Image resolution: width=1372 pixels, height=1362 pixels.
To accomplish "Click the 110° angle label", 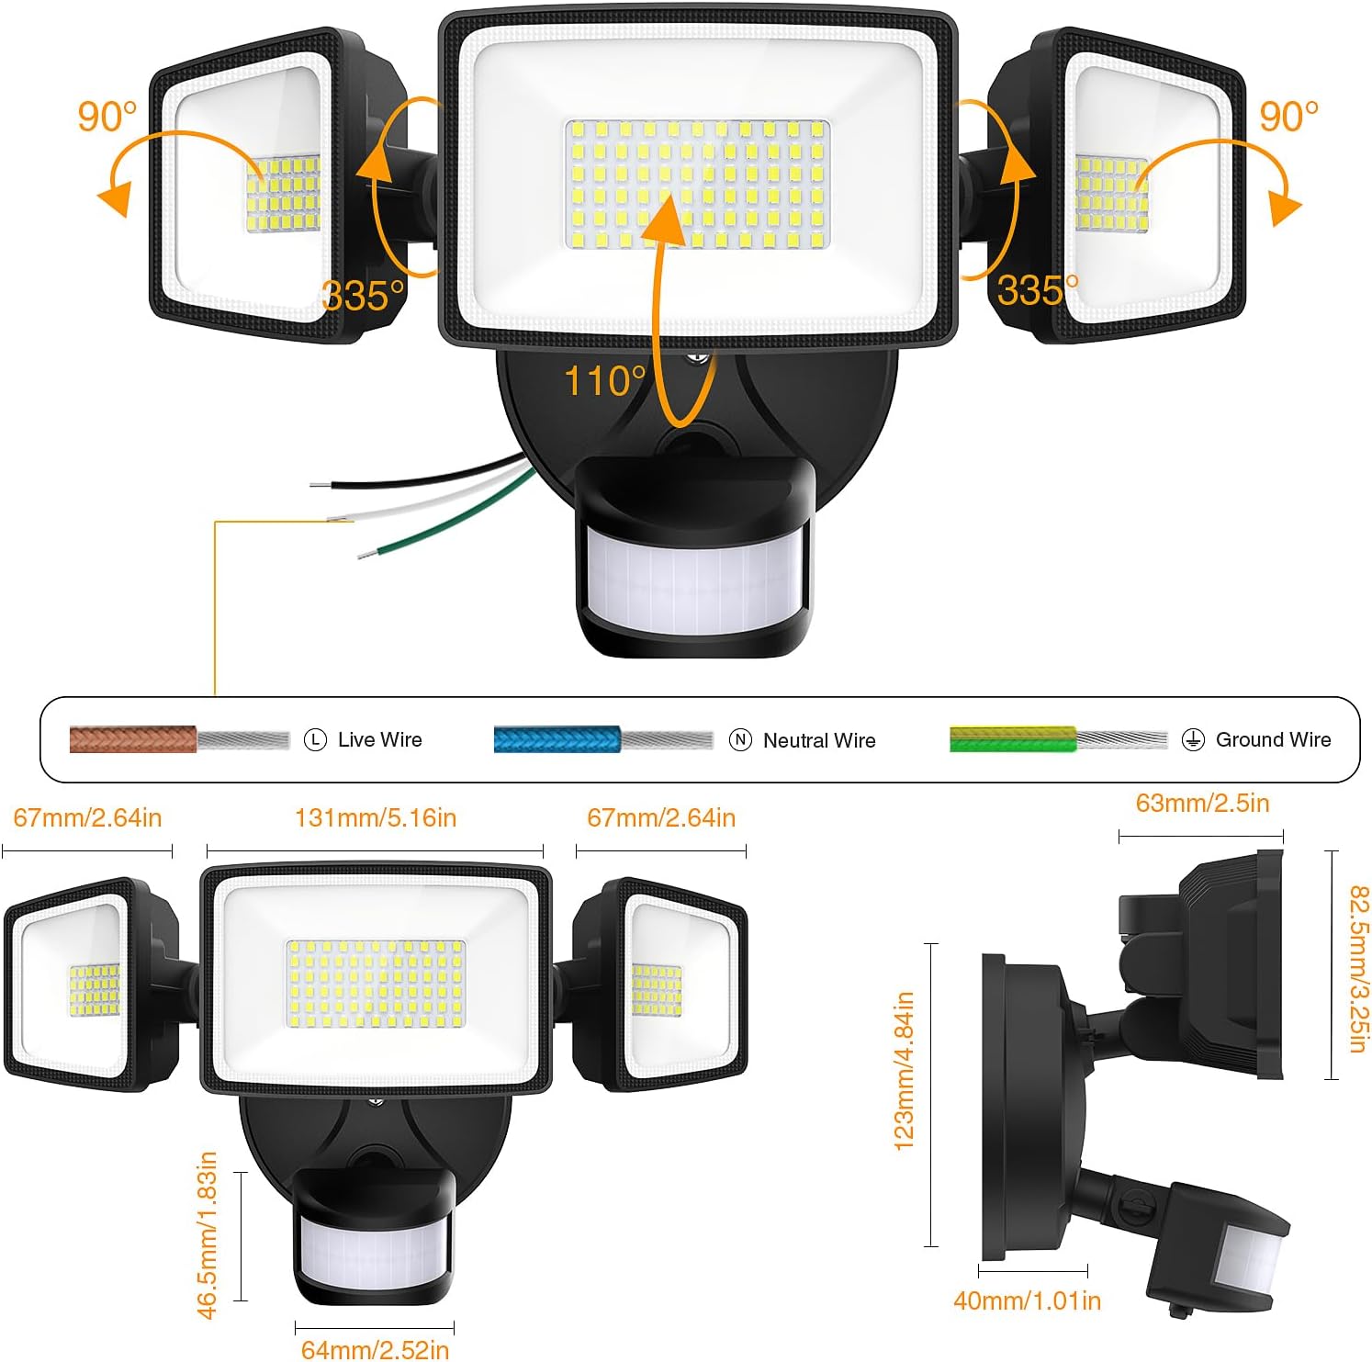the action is click(x=605, y=381).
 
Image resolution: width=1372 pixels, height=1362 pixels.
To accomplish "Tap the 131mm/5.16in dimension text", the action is click(x=376, y=817).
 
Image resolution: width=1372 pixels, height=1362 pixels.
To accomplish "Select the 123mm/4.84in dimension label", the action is click(x=904, y=1071).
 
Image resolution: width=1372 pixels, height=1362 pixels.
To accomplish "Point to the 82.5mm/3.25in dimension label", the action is click(x=1358, y=969).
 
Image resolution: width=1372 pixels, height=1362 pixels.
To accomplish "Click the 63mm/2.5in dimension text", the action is click(x=1203, y=803).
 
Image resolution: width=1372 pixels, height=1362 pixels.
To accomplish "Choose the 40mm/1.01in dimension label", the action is click(x=1027, y=1300).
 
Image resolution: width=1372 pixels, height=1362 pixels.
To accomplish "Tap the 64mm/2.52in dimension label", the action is click(x=375, y=1349).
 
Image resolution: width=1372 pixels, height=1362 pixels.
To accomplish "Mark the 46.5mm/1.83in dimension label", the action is click(x=208, y=1234).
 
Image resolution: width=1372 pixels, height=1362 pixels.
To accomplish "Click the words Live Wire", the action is click(x=380, y=739).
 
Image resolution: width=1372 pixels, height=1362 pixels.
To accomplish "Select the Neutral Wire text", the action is click(x=819, y=740).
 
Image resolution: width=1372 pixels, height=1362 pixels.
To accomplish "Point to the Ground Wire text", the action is click(x=1273, y=739).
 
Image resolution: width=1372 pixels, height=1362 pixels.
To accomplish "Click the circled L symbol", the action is click(x=315, y=739).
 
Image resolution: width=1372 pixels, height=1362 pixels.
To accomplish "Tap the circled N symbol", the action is click(x=740, y=739).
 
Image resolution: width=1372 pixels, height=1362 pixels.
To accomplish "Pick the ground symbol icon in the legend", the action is click(x=1193, y=739).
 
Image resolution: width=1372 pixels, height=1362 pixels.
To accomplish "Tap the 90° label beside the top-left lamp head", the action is click(x=107, y=116).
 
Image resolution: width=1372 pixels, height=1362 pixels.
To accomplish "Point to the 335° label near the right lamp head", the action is click(x=1038, y=290).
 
